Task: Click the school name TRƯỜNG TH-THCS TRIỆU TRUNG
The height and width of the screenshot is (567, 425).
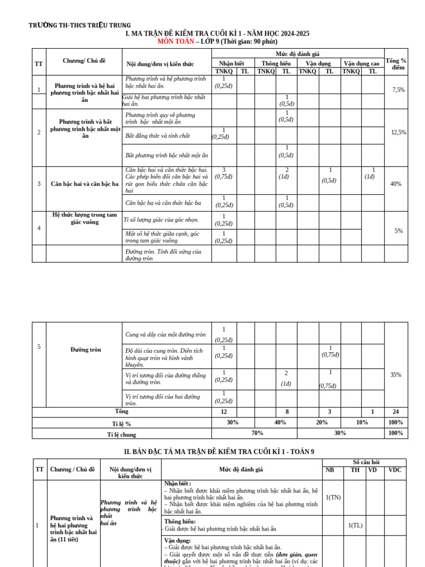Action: tap(80, 25)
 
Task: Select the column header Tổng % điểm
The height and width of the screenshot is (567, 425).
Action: tap(396, 64)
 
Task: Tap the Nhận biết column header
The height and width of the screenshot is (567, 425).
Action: tap(231, 63)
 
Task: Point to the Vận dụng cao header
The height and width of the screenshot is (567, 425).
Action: tap(361, 63)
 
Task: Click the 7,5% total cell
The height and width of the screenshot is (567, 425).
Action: tap(398, 90)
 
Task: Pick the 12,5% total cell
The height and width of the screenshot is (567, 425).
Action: tap(398, 132)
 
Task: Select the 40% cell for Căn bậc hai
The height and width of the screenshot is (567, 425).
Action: tap(396, 184)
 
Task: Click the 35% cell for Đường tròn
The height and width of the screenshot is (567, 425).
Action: tap(396, 375)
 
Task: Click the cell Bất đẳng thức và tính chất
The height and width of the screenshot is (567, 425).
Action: tap(158, 136)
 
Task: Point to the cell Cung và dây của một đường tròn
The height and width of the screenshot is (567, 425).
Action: tap(165, 334)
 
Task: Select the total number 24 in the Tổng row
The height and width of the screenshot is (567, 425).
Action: tap(396, 412)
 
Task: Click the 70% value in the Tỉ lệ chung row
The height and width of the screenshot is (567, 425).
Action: tap(257, 433)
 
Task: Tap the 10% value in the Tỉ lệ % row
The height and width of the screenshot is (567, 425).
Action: tap(361, 422)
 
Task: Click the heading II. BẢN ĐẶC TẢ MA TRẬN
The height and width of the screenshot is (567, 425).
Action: tap(219, 452)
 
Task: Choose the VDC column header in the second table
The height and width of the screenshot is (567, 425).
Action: tap(395, 470)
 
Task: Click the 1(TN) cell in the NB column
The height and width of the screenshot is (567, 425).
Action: tap(333, 497)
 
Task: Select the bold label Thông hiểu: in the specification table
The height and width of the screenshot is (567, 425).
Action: tap(180, 521)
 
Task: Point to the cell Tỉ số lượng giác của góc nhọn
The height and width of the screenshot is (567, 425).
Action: tap(161, 220)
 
